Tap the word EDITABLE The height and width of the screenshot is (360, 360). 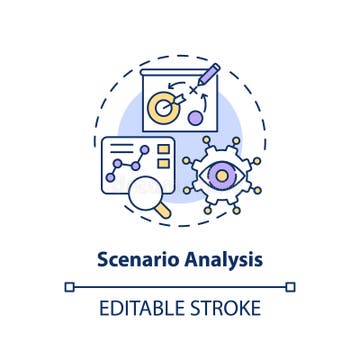pos(144,308)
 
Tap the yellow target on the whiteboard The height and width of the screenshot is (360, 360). pos(166,108)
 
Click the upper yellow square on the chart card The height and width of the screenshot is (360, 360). pos(163,149)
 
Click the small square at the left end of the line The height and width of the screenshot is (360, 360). pos(68,287)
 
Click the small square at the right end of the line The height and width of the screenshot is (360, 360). pos(290,287)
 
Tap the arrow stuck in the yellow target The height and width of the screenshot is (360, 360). pos(175,100)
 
